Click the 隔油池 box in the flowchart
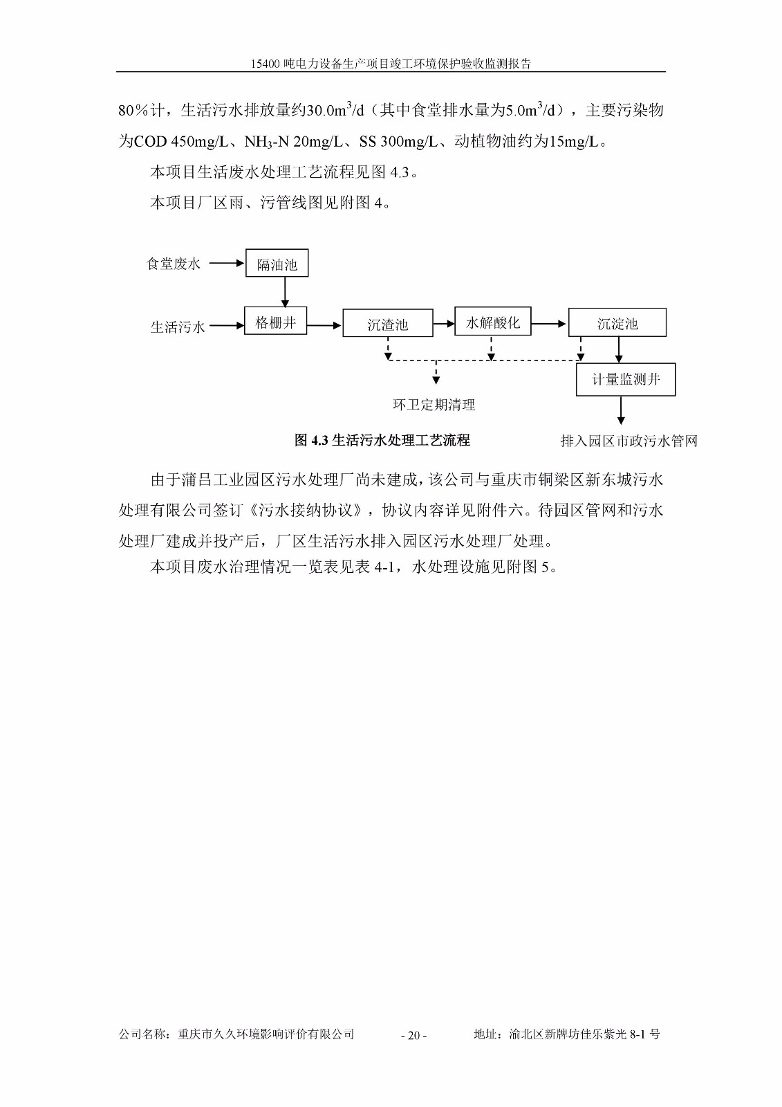[x=277, y=264]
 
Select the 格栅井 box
[x=275, y=322]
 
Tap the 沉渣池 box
[x=387, y=324]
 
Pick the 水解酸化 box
[x=492, y=322]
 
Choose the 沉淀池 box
[x=617, y=323]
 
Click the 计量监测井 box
[x=625, y=380]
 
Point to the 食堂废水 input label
[x=174, y=264]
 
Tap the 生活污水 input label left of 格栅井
[x=178, y=327]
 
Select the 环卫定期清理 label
[x=434, y=405]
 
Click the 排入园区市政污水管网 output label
[x=629, y=441]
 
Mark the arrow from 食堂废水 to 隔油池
[x=227, y=264]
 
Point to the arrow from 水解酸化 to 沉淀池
[x=549, y=323]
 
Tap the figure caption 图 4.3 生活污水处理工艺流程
[x=382, y=440]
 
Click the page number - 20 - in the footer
[x=413, y=1036]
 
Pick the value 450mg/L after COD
[x=200, y=142]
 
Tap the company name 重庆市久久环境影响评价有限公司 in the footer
[x=266, y=1034]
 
